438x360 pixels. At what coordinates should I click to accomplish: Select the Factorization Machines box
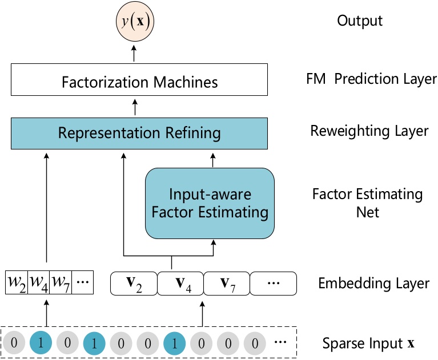point(139,82)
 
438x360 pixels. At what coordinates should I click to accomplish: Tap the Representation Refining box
point(139,133)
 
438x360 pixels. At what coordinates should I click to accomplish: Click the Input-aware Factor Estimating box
point(210,203)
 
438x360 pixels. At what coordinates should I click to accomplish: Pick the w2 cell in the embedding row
point(15,282)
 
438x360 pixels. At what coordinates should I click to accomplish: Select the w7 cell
point(60,282)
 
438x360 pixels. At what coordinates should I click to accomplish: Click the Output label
point(360,21)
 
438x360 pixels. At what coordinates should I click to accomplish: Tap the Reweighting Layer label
point(369,131)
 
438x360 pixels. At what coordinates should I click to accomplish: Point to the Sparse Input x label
point(368,343)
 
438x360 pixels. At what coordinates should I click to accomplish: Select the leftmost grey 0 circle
point(15,343)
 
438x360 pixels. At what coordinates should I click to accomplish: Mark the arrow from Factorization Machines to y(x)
point(135,54)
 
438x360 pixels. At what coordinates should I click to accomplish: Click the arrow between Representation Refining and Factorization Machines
point(135,107)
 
